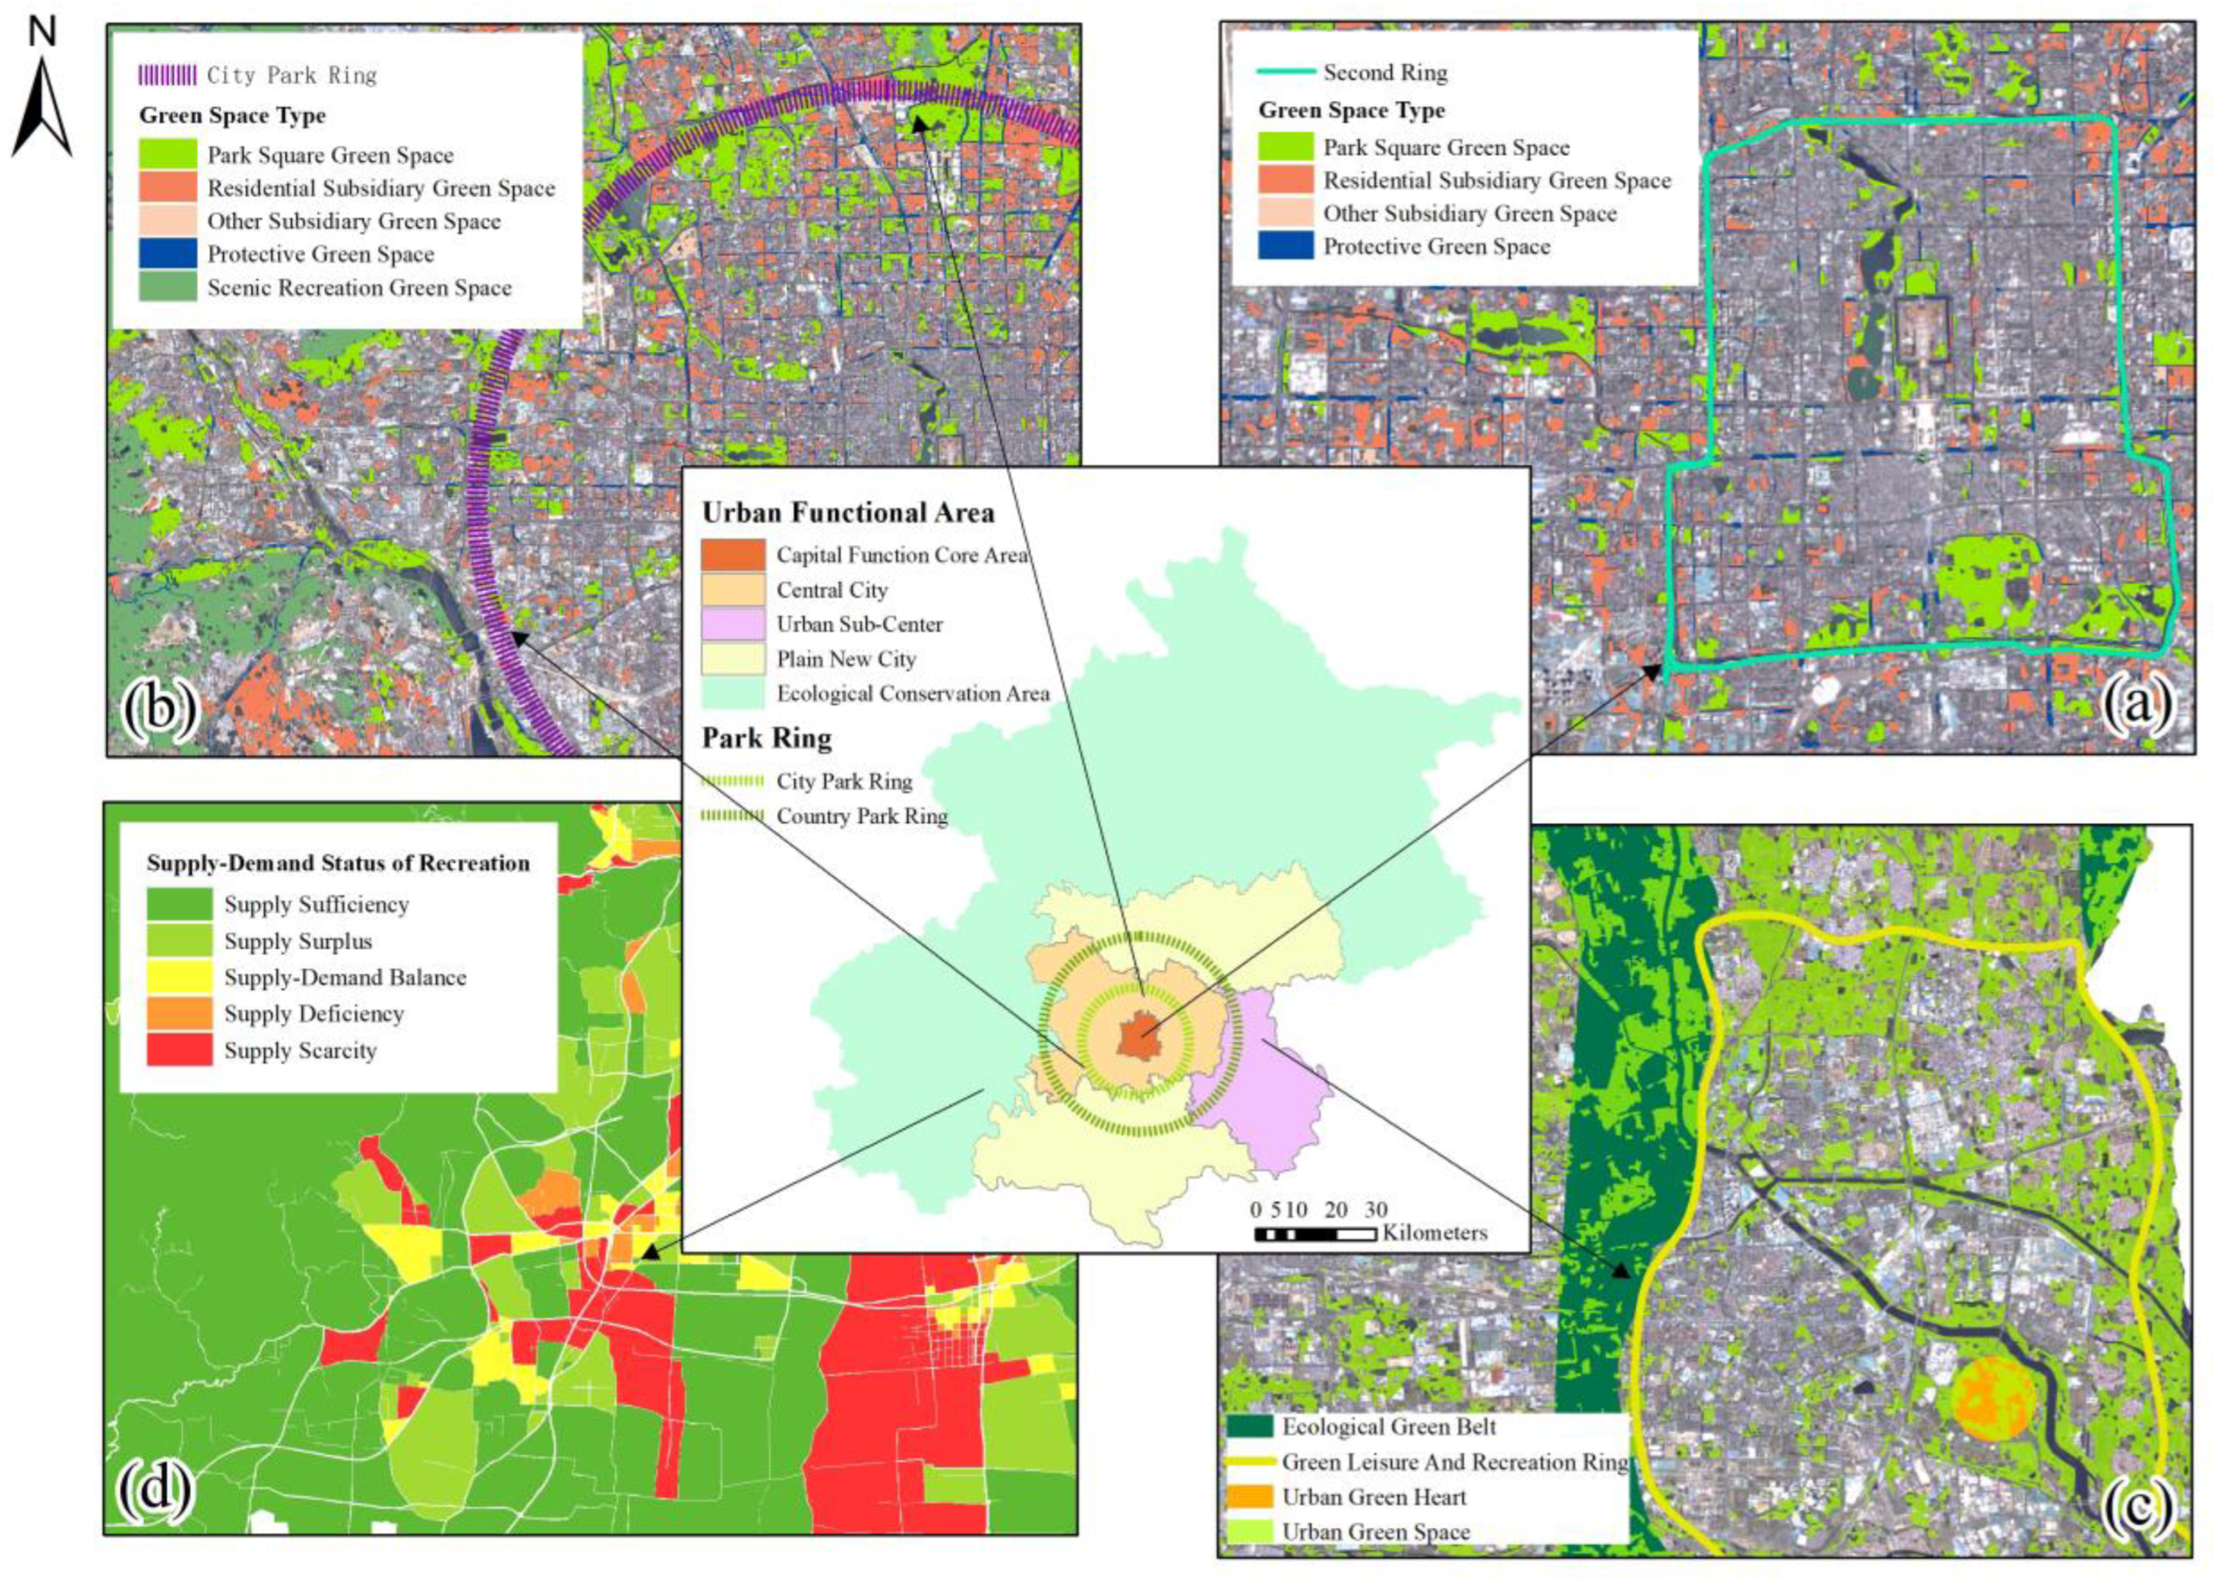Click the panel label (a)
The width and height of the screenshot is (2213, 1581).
tap(2136, 704)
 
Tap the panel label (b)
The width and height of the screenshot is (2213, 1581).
tap(158, 708)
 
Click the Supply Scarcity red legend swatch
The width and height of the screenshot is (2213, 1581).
tap(179, 1049)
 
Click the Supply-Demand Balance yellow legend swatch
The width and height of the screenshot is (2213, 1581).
tap(179, 976)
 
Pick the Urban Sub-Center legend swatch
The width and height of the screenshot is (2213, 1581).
tap(733, 624)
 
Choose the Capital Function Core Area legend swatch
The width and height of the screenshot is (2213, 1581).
tap(733, 555)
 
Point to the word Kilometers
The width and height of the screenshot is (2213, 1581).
tap(1435, 1233)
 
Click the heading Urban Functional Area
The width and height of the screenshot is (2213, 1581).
tap(848, 513)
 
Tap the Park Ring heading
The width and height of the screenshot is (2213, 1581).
tap(767, 738)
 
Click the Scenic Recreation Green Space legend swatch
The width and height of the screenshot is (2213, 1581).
tap(166, 287)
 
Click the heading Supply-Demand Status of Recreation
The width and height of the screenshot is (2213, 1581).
tap(338, 863)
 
